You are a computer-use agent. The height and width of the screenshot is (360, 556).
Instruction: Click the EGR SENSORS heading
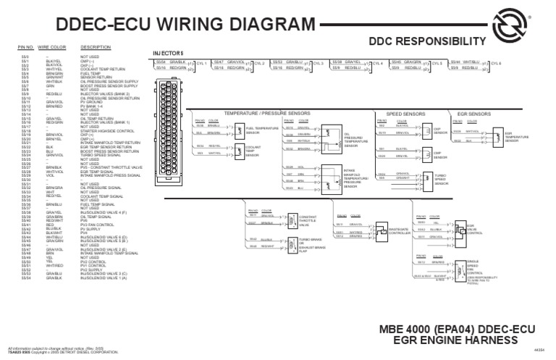pos(476,114)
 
